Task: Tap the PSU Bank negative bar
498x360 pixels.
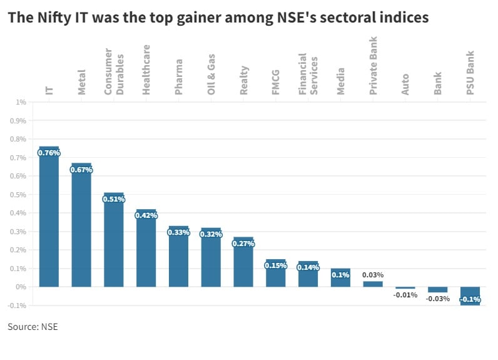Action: pos(470,296)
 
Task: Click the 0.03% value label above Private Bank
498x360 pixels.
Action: pos(373,275)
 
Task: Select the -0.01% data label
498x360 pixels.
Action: pos(405,295)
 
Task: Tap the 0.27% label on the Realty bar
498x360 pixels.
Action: pos(243,244)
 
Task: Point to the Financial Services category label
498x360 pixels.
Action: pos(308,74)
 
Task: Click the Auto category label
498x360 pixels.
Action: pos(405,84)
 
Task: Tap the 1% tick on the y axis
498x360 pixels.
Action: pos(21,102)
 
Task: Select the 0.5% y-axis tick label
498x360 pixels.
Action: pos(18,195)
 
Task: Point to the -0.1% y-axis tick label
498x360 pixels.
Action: pos(18,306)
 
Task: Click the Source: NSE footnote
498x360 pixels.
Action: pos(33,327)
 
